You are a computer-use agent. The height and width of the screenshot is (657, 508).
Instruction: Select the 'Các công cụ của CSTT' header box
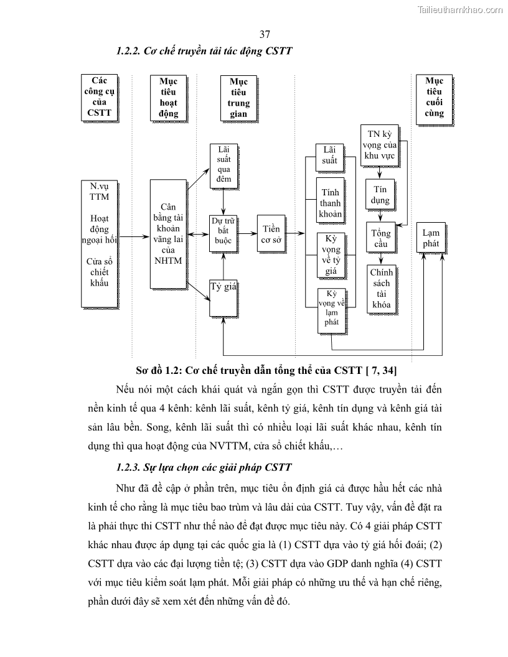(x=99, y=97)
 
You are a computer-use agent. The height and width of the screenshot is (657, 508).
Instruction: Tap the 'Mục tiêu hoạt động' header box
(x=168, y=98)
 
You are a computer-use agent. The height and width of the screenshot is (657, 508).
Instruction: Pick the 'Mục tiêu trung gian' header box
(x=238, y=98)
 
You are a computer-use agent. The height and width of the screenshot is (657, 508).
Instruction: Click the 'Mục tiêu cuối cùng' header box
(x=433, y=97)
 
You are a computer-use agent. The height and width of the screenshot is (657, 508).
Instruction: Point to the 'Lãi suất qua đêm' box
(x=224, y=165)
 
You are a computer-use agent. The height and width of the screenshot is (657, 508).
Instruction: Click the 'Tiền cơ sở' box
(x=271, y=235)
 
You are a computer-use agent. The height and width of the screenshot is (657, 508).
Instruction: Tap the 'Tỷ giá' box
(x=224, y=297)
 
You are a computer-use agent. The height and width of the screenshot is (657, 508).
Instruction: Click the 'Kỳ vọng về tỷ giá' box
(x=330, y=253)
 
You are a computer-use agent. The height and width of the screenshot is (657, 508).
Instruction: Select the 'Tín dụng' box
(x=381, y=195)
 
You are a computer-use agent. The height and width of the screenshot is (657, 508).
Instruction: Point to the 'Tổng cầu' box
(x=381, y=238)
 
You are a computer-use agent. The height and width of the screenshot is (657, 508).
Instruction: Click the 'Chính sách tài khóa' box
(x=380, y=289)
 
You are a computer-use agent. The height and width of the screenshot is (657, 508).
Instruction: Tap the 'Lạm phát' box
(x=431, y=238)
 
